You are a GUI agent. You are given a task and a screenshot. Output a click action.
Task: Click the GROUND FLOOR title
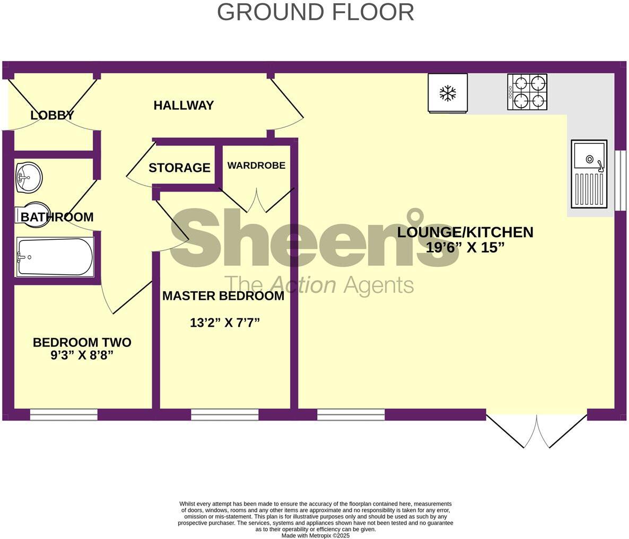pyautogui.click(x=315, y=12)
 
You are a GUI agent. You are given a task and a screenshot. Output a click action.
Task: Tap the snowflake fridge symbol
pyautogui.click(x=448, y=93)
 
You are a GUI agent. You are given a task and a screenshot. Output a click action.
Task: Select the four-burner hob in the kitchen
pyautogui.click(x=527, y=92)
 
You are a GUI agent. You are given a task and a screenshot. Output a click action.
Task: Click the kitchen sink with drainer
pyautogui.click(x=589, y=173)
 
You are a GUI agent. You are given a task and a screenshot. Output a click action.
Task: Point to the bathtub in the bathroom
pyautogui.click(x=55, y=257)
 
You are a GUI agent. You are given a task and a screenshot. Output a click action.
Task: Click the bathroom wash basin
pyautogui.click(x=29, y=177)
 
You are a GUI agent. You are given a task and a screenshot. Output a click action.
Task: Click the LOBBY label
pyautogui.click(x=52, y=115)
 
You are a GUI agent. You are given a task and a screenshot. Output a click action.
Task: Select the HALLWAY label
pyautogui.click(x=184, y=106)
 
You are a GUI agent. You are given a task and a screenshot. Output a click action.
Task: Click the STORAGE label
pyautogui.click(x=179, y=168)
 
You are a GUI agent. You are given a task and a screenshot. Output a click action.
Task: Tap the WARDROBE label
pyautogui.click(x=256, y=166)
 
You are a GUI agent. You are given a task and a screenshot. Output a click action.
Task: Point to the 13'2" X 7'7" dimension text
pyautogui.click(x=225, y=323)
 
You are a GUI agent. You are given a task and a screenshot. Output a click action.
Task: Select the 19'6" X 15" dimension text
pyautogui.click(x=465, y=247)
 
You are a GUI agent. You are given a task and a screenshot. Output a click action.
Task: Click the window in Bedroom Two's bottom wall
pyautogui.click(x=64, y=415)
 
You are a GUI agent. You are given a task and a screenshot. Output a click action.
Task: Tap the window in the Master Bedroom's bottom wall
pyautogui.click(x=224, y=415)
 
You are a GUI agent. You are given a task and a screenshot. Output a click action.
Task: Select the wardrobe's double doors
pyautogui.click(x=256, y=200)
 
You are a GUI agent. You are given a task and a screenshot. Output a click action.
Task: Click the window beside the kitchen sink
pyautogui.click(x=620, y=180)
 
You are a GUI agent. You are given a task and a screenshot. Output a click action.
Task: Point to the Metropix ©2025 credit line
pyautogui.click(x=315, y=535)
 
